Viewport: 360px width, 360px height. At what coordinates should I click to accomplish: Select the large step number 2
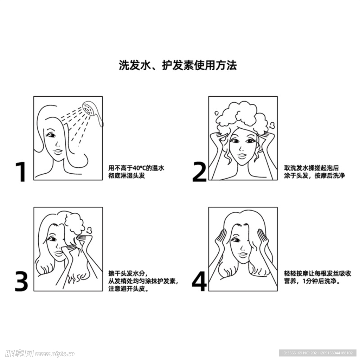(199, 172)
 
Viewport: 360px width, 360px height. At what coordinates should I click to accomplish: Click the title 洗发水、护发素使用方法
(178, 65)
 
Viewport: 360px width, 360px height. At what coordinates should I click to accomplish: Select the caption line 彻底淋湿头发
(127, 176)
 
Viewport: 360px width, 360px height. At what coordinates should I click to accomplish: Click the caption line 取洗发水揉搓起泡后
(311, 168)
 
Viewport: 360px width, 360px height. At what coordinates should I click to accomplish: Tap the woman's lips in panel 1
(57, 151)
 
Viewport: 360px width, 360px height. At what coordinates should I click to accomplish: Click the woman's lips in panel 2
(242, 155)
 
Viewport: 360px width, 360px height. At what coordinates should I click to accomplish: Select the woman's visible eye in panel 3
(52, 239)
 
